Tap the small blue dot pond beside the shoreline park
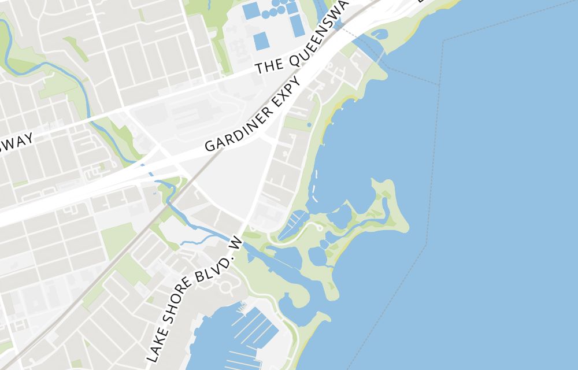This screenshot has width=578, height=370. coord(309,124)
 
